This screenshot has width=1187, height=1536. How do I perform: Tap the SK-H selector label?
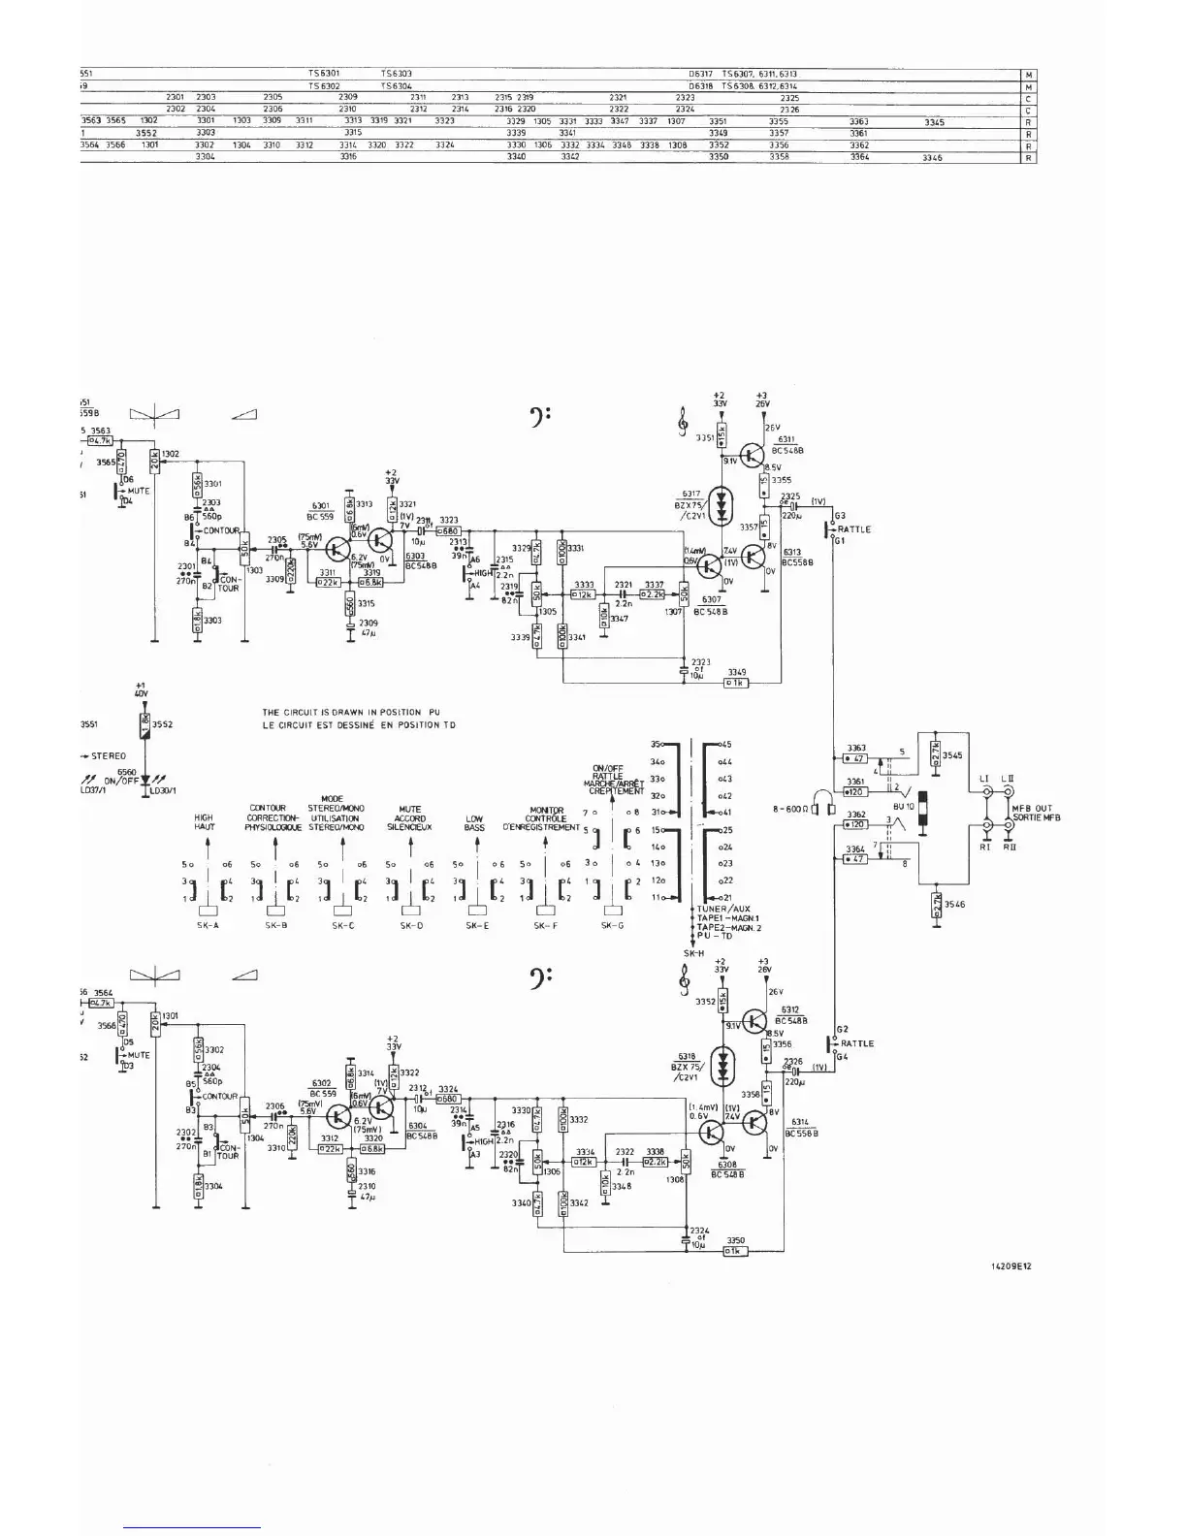692,953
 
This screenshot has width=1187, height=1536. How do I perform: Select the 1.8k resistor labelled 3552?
144,723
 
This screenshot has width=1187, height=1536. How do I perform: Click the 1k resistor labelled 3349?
736,683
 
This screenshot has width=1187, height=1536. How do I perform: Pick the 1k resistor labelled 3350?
735,1251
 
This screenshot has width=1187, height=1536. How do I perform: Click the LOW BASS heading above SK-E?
474,823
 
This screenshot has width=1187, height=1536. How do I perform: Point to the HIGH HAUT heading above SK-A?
204,823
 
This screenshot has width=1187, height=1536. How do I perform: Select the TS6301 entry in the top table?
324,74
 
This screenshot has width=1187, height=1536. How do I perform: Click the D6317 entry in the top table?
700,74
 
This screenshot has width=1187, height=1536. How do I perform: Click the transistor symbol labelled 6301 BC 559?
336,550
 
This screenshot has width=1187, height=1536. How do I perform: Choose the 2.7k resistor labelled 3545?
935,752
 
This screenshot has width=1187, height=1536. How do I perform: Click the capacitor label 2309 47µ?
369,626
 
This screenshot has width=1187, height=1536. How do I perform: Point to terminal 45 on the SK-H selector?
723,745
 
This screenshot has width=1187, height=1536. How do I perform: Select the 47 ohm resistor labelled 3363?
854,758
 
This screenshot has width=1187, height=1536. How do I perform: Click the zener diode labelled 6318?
720,1067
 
